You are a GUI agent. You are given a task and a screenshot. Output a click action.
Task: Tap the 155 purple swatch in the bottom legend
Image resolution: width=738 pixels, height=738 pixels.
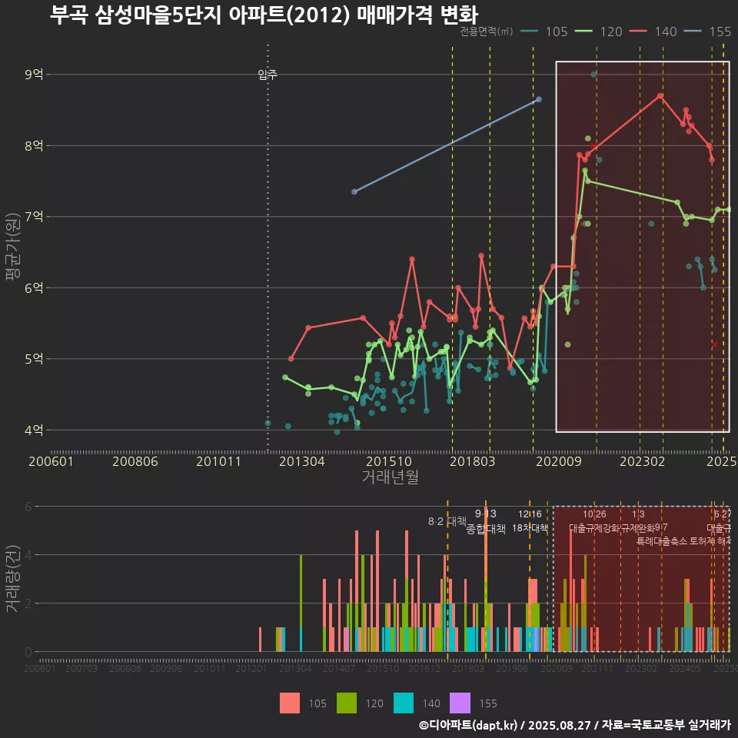(x=460, y=703)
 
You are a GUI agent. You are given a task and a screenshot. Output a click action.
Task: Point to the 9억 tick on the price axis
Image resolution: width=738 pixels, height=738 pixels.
(x=35, y=75)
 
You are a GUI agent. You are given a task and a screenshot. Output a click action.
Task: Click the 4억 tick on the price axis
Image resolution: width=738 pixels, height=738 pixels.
(x=35, y=430)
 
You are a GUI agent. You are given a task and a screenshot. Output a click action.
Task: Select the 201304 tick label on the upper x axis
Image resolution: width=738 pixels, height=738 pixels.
(x=301, y=461)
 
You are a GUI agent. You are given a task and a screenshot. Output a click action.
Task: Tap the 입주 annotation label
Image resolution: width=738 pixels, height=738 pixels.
(x=268, y=75)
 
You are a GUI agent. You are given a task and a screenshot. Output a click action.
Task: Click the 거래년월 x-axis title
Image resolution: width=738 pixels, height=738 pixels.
(x=390, y=477)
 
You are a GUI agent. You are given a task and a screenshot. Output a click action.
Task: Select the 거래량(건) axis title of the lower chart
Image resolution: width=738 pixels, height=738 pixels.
(x=12, y=578)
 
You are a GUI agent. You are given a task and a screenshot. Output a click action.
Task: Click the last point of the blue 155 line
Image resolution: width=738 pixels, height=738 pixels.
(x=539, y=99)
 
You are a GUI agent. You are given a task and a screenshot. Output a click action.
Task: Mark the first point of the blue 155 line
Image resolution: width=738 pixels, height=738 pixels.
(x=354, y=191)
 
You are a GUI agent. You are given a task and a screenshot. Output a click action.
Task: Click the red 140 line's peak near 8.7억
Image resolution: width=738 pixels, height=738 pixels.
(x=660, y=95)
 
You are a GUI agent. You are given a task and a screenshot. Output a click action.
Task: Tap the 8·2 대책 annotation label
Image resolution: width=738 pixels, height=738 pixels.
(x=447, y=521)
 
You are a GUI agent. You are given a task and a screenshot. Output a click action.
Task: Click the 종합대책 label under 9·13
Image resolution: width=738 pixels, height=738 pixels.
(x=486, y=529)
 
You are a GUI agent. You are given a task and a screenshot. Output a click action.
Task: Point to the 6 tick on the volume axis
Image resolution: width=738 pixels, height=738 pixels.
(x=28, y=507)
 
